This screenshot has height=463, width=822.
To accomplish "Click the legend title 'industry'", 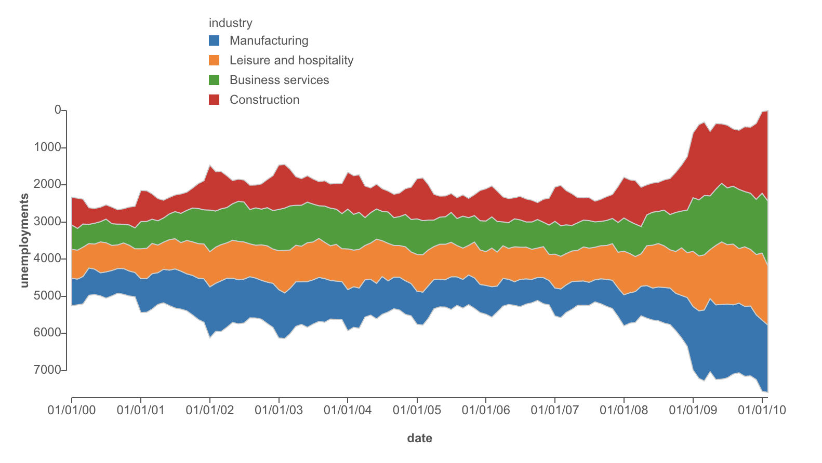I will click(230, 23).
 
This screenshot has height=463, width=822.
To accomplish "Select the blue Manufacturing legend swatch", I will click(214, 40).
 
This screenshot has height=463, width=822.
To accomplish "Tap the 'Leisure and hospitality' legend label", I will click(291, 60).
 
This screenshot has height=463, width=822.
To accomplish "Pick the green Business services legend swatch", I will click(214, 80).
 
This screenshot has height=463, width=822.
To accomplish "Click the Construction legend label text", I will click(264, 100).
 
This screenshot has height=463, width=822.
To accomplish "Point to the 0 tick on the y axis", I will click(57, 110).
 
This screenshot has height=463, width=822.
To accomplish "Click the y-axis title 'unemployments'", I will click(24, 240).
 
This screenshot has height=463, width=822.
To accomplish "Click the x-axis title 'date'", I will click(419, 438).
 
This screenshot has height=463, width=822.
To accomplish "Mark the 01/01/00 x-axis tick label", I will click(72, 410).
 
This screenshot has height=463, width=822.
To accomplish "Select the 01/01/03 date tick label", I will click(279, 410).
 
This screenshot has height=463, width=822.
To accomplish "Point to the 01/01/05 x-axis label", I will click(417, 410).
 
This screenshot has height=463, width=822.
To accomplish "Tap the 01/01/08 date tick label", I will click(624, 410).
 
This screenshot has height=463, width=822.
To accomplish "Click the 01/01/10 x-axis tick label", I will click(762, 410).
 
